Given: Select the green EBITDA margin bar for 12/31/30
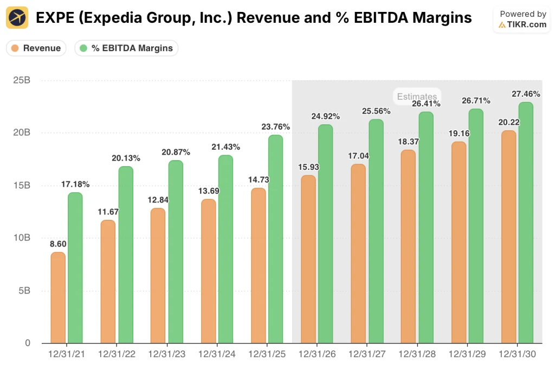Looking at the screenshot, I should pos(526,223).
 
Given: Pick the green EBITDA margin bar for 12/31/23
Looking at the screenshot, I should pos(176,252).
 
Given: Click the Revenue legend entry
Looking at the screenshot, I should pos(36,48).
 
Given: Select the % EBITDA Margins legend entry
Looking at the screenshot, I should pos(126,48).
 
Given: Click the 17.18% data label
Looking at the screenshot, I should pos(75,185).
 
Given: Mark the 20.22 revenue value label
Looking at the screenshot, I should pos(509,122).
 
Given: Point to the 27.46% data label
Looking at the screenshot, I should pos(526,94).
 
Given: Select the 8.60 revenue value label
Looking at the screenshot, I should pos(57,244).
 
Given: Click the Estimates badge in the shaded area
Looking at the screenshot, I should pos(416,97).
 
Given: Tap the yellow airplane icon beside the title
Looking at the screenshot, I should pos(17,18).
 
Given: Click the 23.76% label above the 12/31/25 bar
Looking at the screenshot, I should pos(275,126).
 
